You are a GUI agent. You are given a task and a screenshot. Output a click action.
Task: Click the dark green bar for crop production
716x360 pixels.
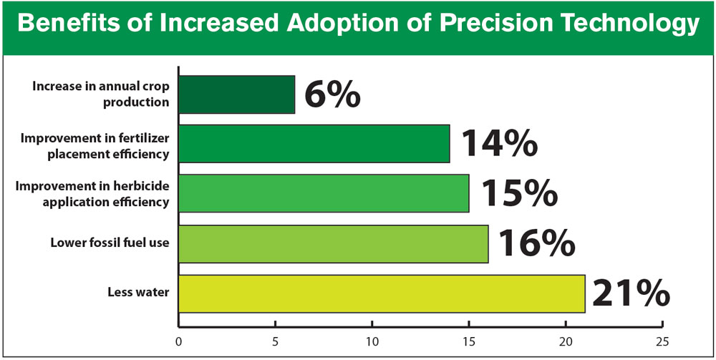point(236,94)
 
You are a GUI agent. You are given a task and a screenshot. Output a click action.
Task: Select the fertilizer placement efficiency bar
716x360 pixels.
point(314,144)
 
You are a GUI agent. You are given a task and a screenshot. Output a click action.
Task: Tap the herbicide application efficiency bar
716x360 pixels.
point(324,193)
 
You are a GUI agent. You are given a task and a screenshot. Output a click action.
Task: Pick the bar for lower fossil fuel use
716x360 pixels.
point(333,243)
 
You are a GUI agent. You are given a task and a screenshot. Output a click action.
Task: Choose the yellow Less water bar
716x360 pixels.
point(382,293)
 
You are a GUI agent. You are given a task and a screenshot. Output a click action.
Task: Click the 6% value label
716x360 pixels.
point(332,94)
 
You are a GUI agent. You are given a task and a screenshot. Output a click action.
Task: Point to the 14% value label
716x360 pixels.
point(498,144)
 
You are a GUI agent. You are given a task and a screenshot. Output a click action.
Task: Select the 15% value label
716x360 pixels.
point(517,193)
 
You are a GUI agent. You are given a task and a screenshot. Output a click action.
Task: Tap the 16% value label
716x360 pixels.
point(536,243)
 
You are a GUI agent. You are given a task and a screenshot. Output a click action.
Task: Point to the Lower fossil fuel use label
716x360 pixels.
point(110,243)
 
